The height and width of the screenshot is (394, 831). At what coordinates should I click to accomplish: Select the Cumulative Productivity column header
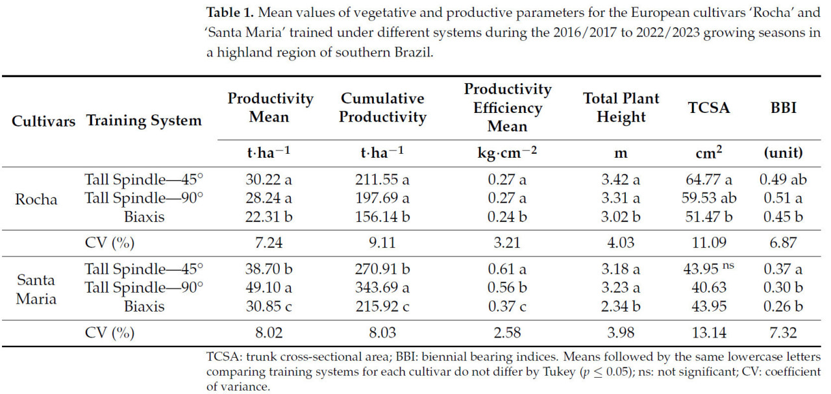(382, 108)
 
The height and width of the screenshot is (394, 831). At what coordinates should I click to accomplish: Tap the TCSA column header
(709, 108)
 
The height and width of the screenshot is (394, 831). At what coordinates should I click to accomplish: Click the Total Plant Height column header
(621, 108)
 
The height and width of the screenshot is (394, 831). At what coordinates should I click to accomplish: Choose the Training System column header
(143, 120)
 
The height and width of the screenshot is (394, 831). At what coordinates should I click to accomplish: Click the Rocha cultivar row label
(36, 199)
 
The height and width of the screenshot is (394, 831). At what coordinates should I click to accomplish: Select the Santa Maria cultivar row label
(36, 289)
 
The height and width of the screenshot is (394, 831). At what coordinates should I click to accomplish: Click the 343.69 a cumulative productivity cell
(382, 288)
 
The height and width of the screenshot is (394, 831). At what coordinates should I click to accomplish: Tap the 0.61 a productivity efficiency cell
(507, 269)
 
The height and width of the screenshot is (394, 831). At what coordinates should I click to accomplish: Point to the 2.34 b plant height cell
(621, 306)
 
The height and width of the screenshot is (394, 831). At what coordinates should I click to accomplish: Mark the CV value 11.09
(708, 243)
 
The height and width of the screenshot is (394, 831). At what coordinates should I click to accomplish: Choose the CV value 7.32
(782, 333)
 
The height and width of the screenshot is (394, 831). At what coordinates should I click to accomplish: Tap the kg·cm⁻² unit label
(507, 153)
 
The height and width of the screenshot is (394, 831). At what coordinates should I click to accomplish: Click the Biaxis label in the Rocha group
(144, 217)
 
